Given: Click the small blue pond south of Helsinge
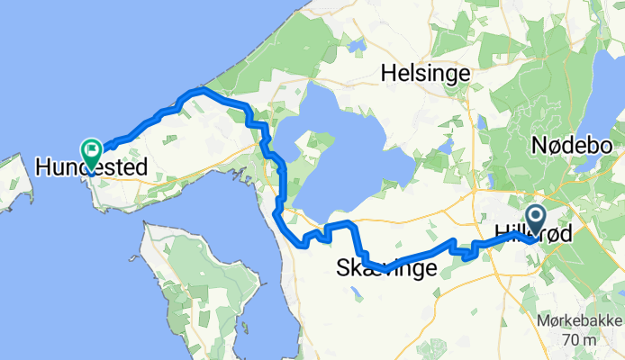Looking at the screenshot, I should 445,146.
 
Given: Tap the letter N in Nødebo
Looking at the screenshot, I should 538,145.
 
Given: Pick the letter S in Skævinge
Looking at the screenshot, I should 343,268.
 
